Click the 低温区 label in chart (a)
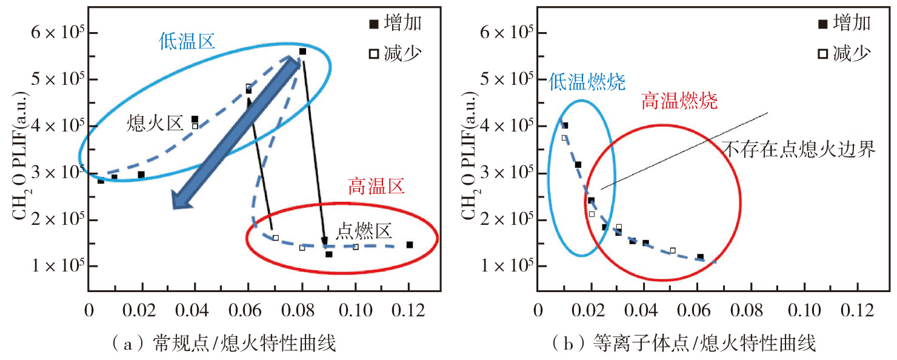[x=187, y=41]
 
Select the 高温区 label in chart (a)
[x=376, y=186]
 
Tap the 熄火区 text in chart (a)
[x=155, y=124]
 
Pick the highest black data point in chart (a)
[x=302, y=52]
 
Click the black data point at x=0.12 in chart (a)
[x=410, y=245]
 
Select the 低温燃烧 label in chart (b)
[x=587, y=82]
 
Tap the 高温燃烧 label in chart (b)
[x=678, y=101]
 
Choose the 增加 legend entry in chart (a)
[x=397, y=24]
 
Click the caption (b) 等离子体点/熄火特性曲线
[x=684, y=344]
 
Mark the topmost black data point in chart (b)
[x=565, y=125]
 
